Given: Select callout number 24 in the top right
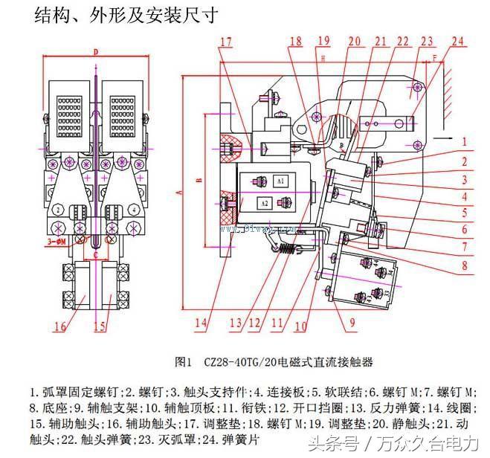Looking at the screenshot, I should point(456,42).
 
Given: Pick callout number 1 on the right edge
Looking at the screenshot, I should point(462,141).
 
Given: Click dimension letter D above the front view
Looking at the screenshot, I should point(96,52).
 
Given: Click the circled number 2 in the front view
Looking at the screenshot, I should point(57,210).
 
